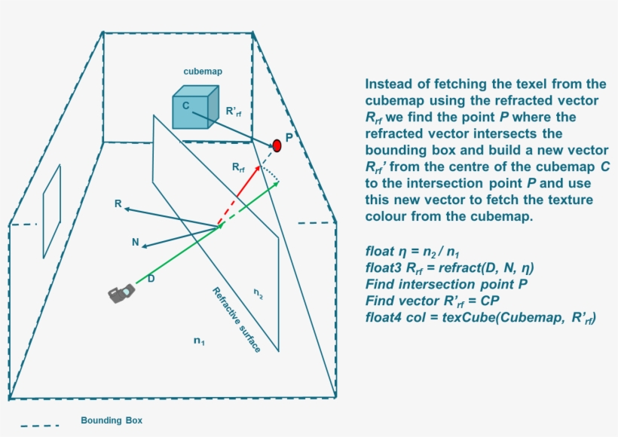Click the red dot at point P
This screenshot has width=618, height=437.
pos(277,145)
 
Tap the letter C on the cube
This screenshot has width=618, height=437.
pos(185,105)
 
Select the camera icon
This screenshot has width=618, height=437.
pos(121,293)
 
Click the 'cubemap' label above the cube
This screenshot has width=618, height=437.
pos(203,72)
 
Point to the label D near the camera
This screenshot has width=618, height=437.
pos(151,280)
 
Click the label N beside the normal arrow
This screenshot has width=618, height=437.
pos(135,243)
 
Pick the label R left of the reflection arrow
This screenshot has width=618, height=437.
pos(118,203)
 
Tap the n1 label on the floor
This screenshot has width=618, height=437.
pos(199,341)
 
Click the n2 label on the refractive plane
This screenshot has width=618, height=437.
pos(259,292)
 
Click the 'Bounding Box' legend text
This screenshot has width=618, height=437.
pos(111,420)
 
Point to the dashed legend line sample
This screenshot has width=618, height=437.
pos(39,426)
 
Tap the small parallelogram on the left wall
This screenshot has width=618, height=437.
pos(51,201)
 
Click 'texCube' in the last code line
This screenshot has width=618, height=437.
pos(468,318)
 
